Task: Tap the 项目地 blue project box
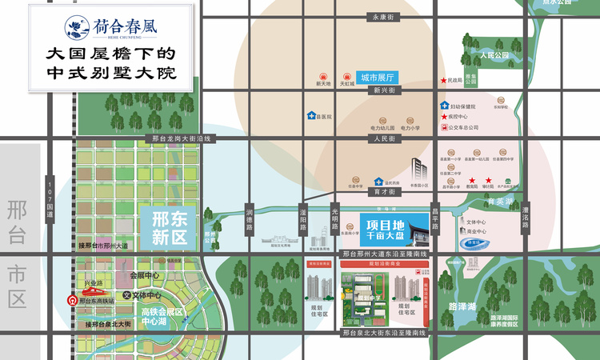pos(380,228)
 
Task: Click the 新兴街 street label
pos(385,91)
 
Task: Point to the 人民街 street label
pos(385,138)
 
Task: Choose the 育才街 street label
pos(385,192)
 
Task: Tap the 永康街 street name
pos(385,17)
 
